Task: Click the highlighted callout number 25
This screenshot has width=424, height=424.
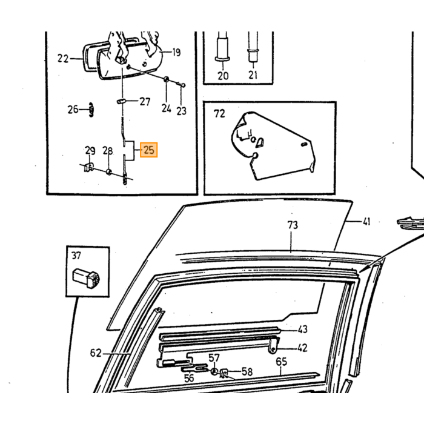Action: (149, 150)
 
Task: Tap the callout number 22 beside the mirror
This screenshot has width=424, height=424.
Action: (63, 58)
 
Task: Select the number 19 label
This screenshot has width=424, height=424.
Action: (176, 52)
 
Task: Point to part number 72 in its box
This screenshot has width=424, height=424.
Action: (219, 114)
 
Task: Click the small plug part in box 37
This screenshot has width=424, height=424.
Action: (86, 277)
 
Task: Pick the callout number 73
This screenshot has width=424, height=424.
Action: (293, 225)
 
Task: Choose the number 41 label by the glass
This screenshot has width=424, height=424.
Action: (366, 222)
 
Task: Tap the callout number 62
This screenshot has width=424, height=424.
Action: (96, 353)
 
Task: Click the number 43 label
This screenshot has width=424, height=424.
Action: (303, 330)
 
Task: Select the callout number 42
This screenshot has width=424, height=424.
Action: (303, 348)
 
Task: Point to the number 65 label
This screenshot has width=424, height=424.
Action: (281, 362)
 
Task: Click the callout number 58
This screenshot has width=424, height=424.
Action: (247, 372)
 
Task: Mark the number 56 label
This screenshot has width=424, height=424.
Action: (189, 378)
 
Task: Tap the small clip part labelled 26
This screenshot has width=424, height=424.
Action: (91, 110)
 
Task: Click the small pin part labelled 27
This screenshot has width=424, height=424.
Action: (121, 101)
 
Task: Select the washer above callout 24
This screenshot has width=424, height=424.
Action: (167, 79)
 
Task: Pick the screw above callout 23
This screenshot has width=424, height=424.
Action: (182, 85)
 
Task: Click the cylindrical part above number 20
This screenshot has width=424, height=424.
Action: (223, 46)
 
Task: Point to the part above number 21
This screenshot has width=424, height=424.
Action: (253, 47)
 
